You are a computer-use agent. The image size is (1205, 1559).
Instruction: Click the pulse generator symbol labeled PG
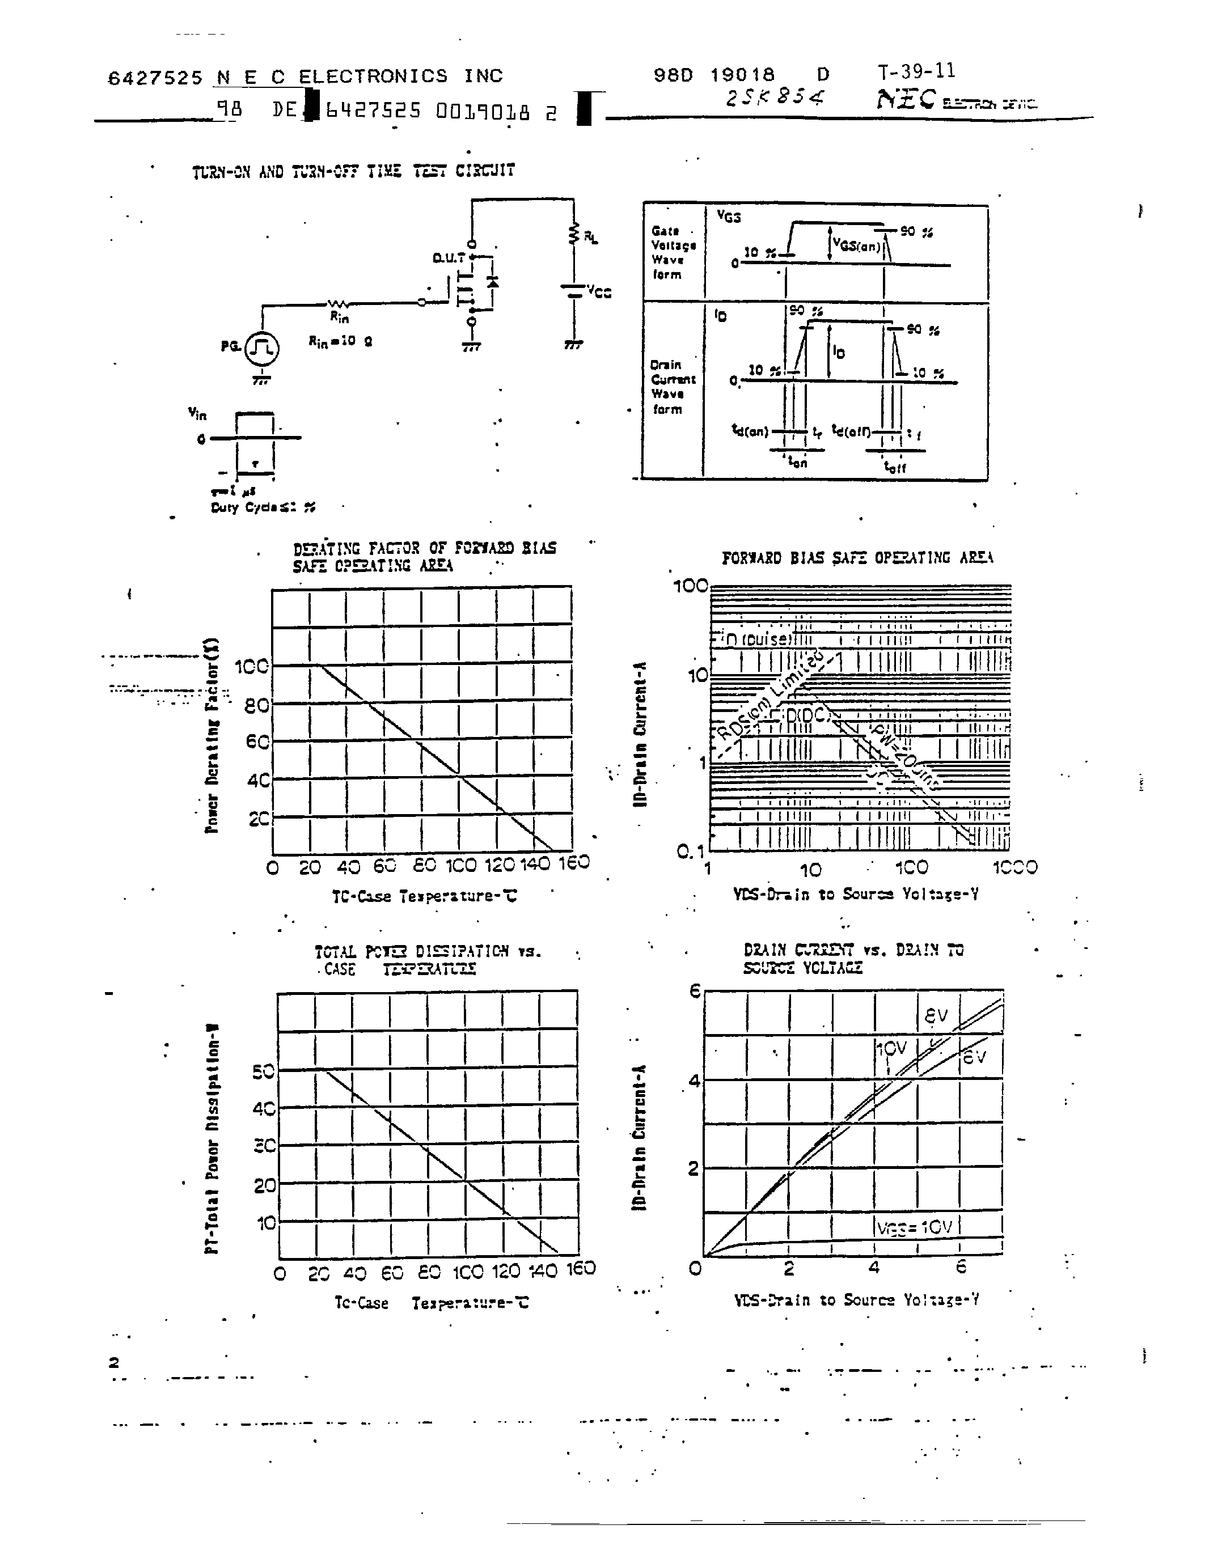(x=261, y=348)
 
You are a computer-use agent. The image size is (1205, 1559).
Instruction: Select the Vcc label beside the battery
(x=599, y=291)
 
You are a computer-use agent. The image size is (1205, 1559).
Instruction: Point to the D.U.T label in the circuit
(x=449, y=258)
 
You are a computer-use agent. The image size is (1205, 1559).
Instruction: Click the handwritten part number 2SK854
(x=775, y=98)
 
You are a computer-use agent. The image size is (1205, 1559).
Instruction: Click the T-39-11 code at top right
(x=916, y=71)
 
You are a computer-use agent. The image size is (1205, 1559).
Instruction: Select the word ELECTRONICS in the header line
(x=373, y=77)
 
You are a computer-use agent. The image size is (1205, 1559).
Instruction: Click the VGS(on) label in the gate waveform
(x=857, y=245)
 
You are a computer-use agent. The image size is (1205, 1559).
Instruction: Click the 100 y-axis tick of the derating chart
(x=252, y=667)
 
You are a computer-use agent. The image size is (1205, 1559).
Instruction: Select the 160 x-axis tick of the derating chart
(x=573, y=863)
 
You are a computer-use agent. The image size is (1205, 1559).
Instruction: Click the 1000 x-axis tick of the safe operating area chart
(x=1014, y=867)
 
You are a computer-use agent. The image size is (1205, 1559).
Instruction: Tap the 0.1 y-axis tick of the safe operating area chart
(x=690, y=851)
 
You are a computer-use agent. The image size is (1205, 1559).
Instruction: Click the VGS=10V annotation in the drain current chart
(x=915, y=1226)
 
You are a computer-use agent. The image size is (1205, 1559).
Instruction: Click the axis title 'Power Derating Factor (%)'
(x=212, y=735)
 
